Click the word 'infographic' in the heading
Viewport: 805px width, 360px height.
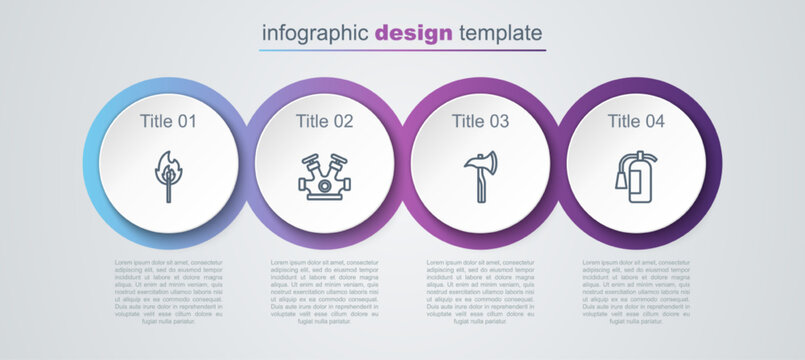315,32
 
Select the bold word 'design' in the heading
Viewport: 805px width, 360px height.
414,32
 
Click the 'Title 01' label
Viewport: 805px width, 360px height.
168,121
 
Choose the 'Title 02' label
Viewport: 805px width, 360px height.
324,121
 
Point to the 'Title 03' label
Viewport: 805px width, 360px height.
480,121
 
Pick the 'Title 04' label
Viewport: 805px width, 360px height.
636,121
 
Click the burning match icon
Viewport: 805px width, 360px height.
168,176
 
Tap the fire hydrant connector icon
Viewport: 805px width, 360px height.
324,177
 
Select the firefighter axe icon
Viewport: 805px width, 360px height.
480,177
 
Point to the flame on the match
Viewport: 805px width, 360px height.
169,163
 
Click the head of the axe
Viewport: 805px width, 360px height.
478,162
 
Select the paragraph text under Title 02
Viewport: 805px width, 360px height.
324,292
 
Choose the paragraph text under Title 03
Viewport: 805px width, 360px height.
480,292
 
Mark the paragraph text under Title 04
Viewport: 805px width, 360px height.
636,292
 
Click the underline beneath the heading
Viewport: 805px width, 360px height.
402,50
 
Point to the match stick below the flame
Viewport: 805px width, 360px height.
168,190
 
